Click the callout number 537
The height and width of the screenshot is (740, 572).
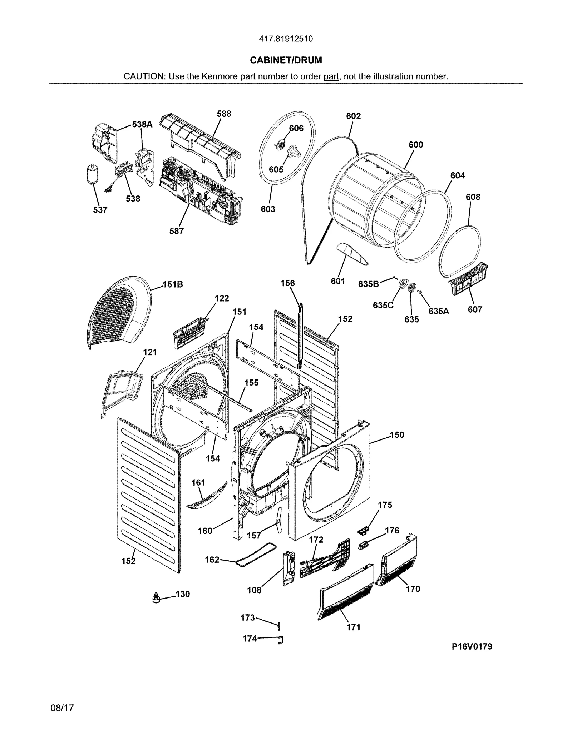[100, 210]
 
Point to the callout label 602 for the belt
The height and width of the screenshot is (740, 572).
[353, 116]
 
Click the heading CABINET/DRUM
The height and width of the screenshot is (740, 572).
[286, 60]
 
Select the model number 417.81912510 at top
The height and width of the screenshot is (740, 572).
[286, 39]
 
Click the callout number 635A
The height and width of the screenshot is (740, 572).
[438, 311]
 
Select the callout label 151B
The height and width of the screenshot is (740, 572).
[173, 284]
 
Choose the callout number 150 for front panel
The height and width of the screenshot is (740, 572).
[397, 435]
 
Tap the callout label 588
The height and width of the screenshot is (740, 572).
[224, 114]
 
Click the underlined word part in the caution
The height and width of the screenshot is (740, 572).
[331, 76]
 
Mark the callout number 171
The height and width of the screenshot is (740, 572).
[353, 627]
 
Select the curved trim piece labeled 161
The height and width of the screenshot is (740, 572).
[207, 495]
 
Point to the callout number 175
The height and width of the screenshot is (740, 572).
[385, 505]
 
